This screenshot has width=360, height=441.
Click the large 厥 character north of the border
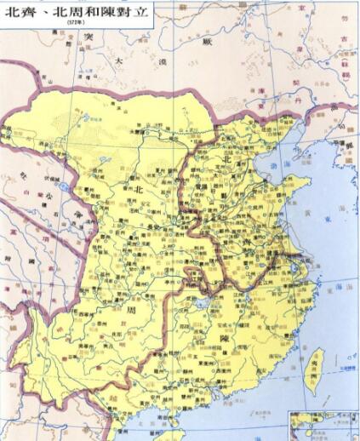[204, 40]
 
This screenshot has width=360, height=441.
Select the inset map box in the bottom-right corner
[323, 425]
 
